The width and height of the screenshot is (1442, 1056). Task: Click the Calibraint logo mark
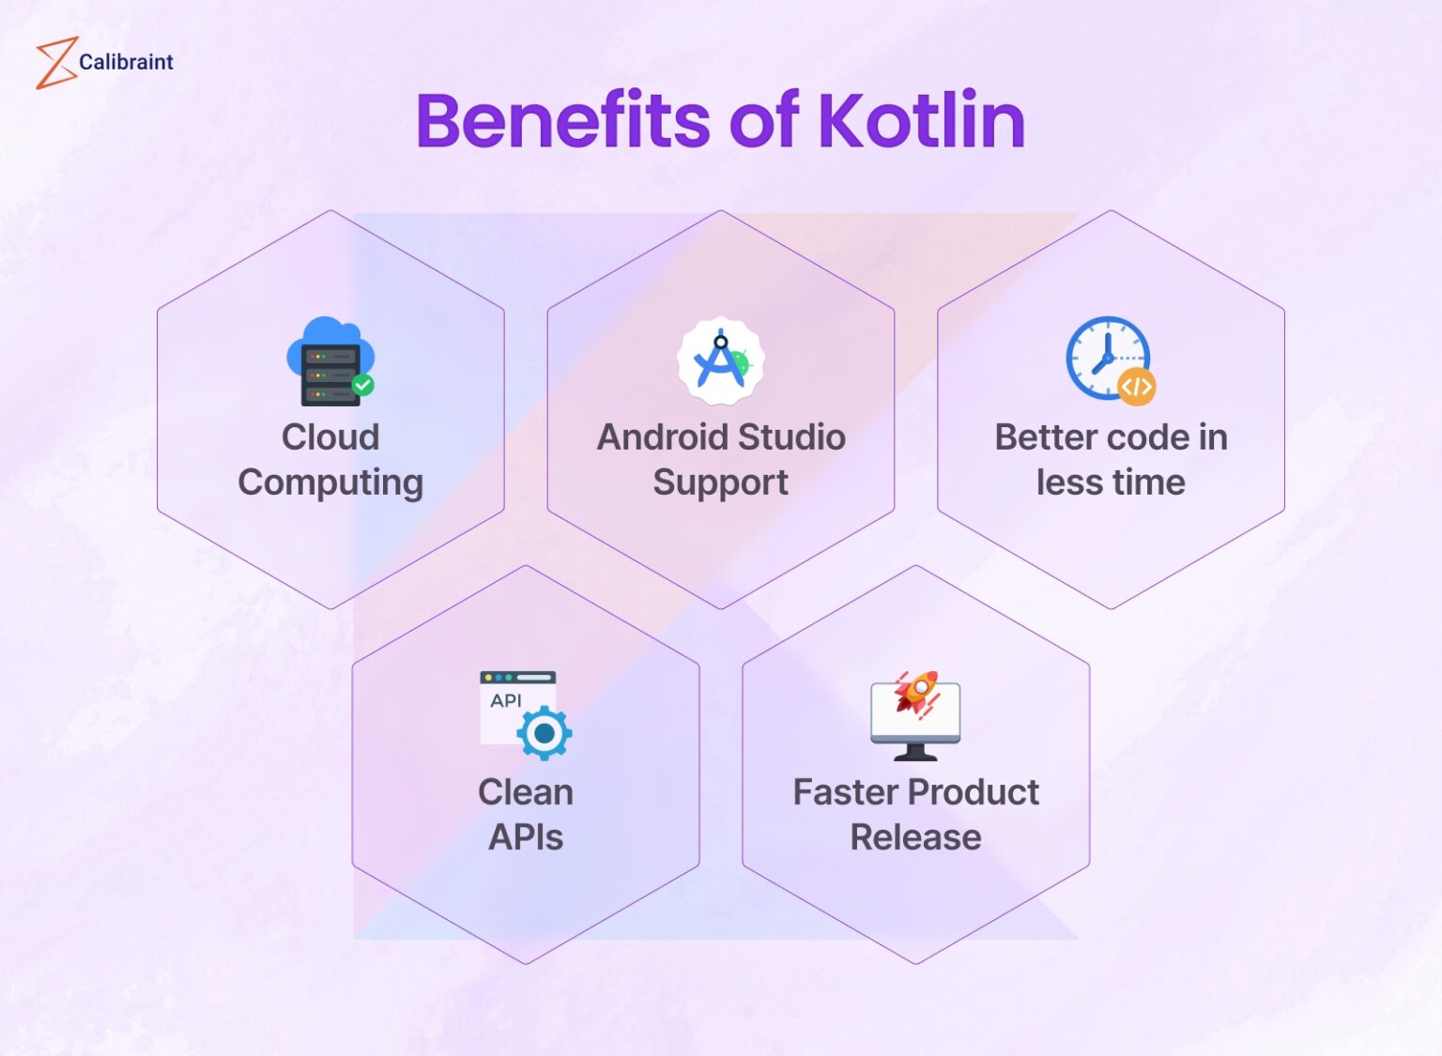(x=55, y=63)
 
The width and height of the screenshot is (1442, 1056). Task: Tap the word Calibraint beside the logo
(x=126, y=62)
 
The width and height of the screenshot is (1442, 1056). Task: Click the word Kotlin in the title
(x=921, y=121)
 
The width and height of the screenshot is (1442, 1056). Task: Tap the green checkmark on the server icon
(x=362, y=384)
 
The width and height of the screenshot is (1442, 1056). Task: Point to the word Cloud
(x=330, y=437)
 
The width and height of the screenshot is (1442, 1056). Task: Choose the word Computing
(x=330, y=482)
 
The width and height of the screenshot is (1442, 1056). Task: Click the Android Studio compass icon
(x=720, y=361)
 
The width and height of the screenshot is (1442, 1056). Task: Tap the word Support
(x=720, y=482)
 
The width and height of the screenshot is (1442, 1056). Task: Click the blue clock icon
(x=1106, y=357)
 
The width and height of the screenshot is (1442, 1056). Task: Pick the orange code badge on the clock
(x=1136, y=386)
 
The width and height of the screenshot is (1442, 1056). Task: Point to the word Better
(x=1046, y=437)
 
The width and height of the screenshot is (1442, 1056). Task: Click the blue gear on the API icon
(x=544, y=732)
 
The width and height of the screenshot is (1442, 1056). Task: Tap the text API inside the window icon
(x=505, y=700)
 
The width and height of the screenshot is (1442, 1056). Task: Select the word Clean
(x=526, y=792)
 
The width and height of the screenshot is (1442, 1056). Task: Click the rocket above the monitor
(x=916, y=693)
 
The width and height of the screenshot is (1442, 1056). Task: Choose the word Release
(x=915, y=837)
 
